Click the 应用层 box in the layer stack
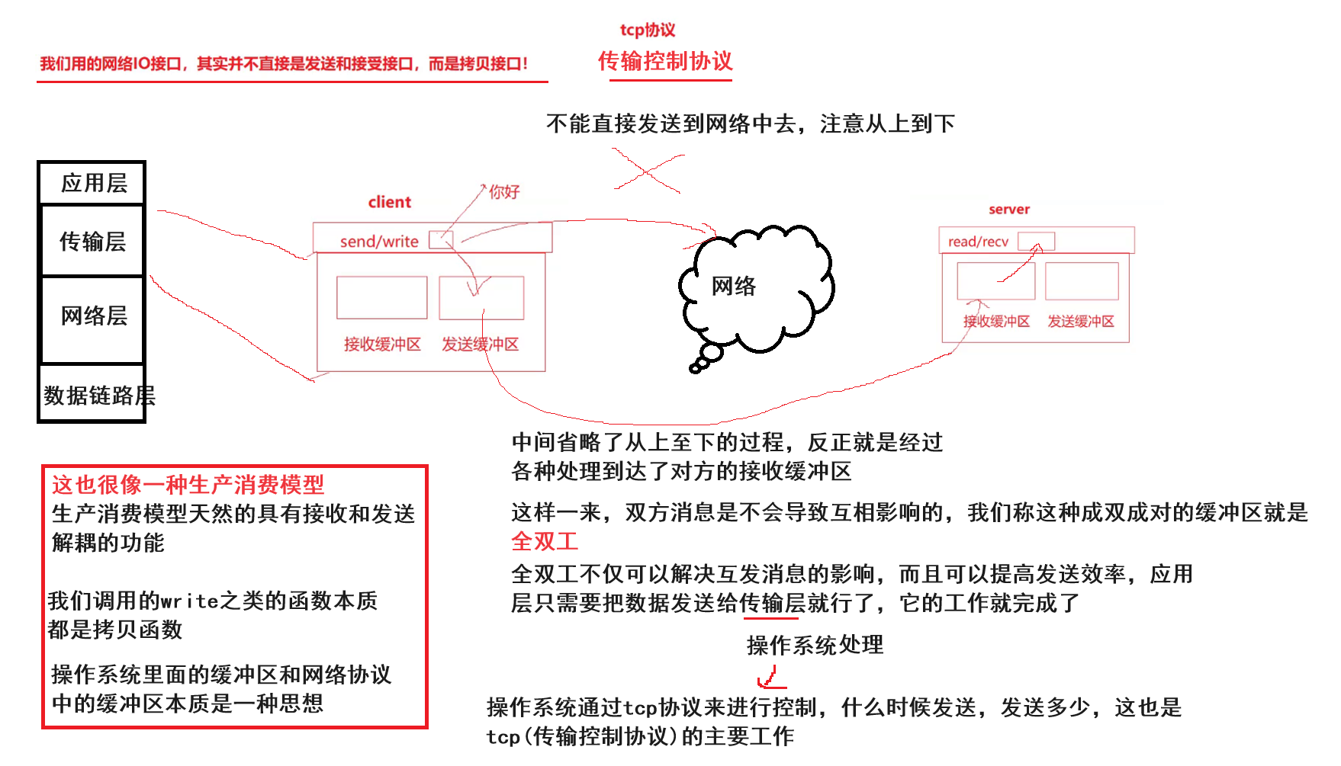coord(92,183)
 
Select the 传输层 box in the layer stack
coord(92,241)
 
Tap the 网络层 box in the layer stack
coord(93,316)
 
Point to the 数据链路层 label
coord(98,395)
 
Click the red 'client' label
coord(389,202)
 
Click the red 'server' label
coord(1008,210)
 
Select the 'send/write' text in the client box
coord(379,242)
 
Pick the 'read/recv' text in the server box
coord(978,242)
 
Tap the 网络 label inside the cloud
coord(733,286)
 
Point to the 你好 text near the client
coord(503,191)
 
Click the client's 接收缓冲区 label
coord(382,345)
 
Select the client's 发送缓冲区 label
coord(480,345)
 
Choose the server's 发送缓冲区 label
coord(1080,322)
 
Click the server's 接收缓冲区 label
coord(996,322)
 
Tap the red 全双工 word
coord(545,541)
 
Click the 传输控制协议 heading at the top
coord(664,61)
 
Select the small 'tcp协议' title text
coord(647,30)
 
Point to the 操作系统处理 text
coord(815,645)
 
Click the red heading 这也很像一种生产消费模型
coord(188,484)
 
